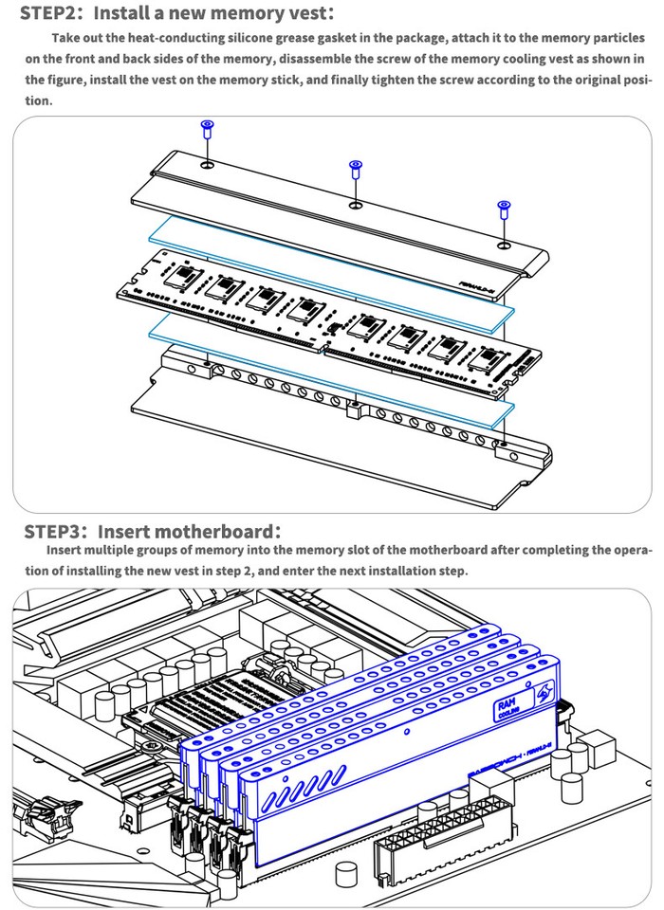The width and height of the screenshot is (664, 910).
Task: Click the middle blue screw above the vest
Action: (x=356, y=169)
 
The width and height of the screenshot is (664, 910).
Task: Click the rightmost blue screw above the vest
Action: (x=503, y=208)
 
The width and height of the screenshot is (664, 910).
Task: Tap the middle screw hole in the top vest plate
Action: (x=355, y=204)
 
